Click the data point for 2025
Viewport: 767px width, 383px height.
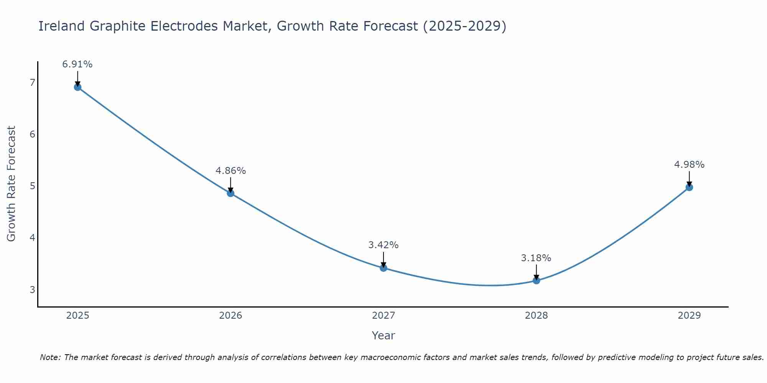[x=77, y=87]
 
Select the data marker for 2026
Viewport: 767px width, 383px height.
[x=230, y=193]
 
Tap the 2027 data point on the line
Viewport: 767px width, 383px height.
[x=383, y=268]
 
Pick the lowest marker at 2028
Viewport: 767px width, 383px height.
[x=536, y=280]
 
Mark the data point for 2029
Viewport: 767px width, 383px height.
[x=689, y=187]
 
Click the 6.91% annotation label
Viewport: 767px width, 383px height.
[x=77, y=64]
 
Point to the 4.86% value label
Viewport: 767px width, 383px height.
[x=230, y=171]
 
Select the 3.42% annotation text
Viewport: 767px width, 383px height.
[x=383, y=245]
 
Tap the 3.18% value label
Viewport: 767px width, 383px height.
[x=536, y=258]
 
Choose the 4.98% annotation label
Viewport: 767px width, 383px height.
[x=689, y=165]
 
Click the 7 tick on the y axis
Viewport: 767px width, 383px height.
[x=32, y=82]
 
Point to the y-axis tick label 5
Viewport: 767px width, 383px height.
[x=32, y=186]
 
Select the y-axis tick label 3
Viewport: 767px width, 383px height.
[x=32, y=290]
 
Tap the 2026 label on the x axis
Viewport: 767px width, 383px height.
[x=230, y=316]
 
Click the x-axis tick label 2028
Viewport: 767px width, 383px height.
[x=536, y=316]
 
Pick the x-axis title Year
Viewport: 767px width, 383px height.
[x=383, y=336]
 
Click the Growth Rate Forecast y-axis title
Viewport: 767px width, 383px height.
[x=12, y=184]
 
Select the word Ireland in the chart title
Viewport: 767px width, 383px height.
[x=61, y=26]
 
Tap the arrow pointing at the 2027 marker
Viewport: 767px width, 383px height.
[x=383, y=260]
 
